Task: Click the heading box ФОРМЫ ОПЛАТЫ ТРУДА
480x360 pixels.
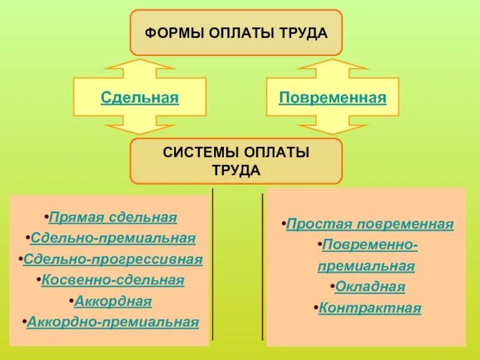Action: point(236,32)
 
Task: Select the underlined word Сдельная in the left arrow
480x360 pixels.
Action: point(140,97)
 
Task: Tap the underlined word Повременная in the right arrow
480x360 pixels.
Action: point(332,97)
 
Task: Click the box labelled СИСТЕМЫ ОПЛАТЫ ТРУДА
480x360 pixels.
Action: point(236,161)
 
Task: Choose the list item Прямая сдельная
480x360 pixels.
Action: point(113,217)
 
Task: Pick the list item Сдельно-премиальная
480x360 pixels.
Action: point(113,238)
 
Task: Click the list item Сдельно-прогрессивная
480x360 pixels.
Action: point(113,259)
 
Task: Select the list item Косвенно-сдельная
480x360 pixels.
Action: point(113,280)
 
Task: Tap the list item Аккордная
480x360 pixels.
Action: point(113,301)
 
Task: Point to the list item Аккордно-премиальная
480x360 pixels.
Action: point(113,322)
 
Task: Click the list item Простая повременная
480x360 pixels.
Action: point(370,224)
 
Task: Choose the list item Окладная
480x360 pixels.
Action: point(370,287)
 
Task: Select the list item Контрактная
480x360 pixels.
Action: point(370,308)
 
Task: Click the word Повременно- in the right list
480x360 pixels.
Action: point(370,245)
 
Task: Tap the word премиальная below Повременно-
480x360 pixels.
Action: point(366,266)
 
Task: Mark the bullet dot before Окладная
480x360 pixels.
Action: point(332,287)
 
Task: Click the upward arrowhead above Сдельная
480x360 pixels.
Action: point(139,67)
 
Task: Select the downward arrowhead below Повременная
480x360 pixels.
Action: point(332,127)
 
